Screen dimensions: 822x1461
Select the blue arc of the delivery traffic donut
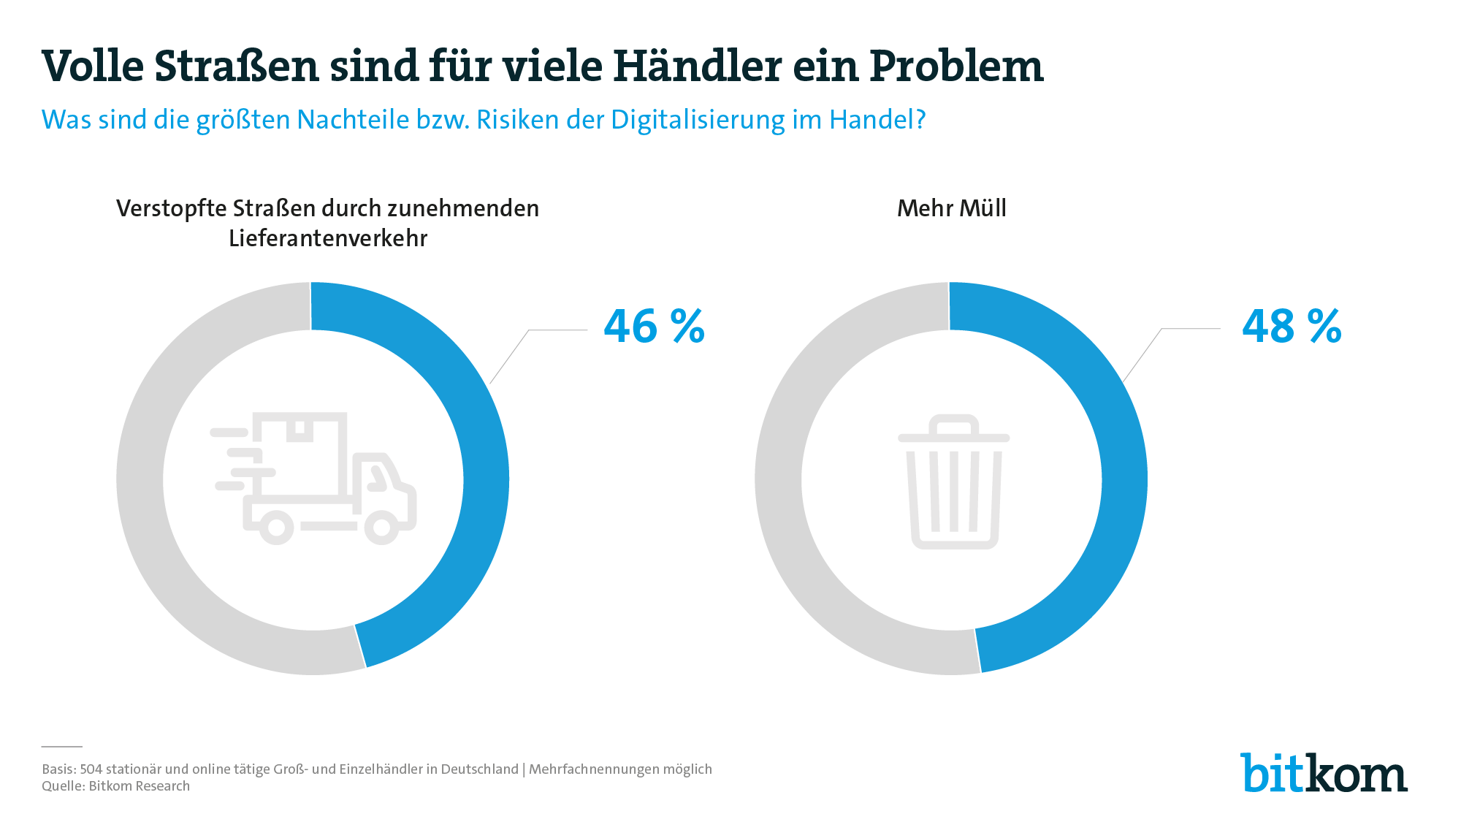485,479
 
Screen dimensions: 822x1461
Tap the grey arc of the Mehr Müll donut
779,479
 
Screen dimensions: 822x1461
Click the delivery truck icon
314,479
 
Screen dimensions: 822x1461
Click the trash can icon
953,482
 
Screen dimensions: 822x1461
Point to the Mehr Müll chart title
951,208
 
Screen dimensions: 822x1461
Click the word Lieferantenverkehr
328,238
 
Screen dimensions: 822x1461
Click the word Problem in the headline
956,66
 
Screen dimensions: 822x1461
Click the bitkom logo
1323,772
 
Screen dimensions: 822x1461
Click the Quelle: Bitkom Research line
115,786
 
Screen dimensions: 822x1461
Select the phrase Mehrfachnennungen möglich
620,769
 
